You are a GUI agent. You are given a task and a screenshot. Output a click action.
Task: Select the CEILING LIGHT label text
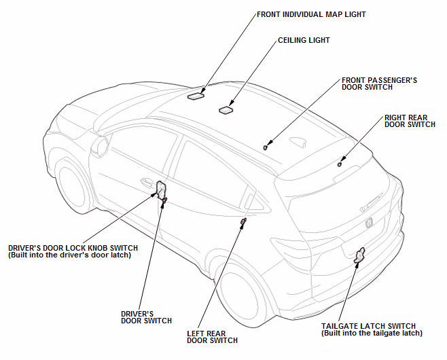[304, 41]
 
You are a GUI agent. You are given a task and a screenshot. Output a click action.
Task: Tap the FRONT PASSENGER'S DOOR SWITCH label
[378, 84]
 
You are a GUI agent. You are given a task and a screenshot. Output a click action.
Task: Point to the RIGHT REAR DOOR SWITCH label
[410, 121]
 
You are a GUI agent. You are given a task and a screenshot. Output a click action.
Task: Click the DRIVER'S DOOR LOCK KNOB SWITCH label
[73, 251]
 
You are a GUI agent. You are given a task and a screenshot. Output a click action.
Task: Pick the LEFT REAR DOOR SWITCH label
[212, 337]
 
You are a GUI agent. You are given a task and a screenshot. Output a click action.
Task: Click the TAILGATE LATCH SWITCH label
[372, 329]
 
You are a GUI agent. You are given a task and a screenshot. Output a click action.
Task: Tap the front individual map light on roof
[196, 96]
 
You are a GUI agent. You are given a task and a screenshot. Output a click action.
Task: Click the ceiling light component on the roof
[226, 109]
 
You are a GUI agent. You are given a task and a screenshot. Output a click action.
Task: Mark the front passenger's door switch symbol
[266, 145]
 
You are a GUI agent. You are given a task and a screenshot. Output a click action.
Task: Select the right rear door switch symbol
[339, 163]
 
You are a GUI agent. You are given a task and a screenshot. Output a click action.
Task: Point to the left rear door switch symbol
[243, 221]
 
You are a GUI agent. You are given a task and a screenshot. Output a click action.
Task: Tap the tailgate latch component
[359, 254]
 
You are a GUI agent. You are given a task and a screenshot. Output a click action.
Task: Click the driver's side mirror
[102, 145]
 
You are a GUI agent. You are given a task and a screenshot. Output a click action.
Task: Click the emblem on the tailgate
[369, 222]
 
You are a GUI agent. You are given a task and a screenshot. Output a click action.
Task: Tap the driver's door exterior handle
[145, 182]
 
